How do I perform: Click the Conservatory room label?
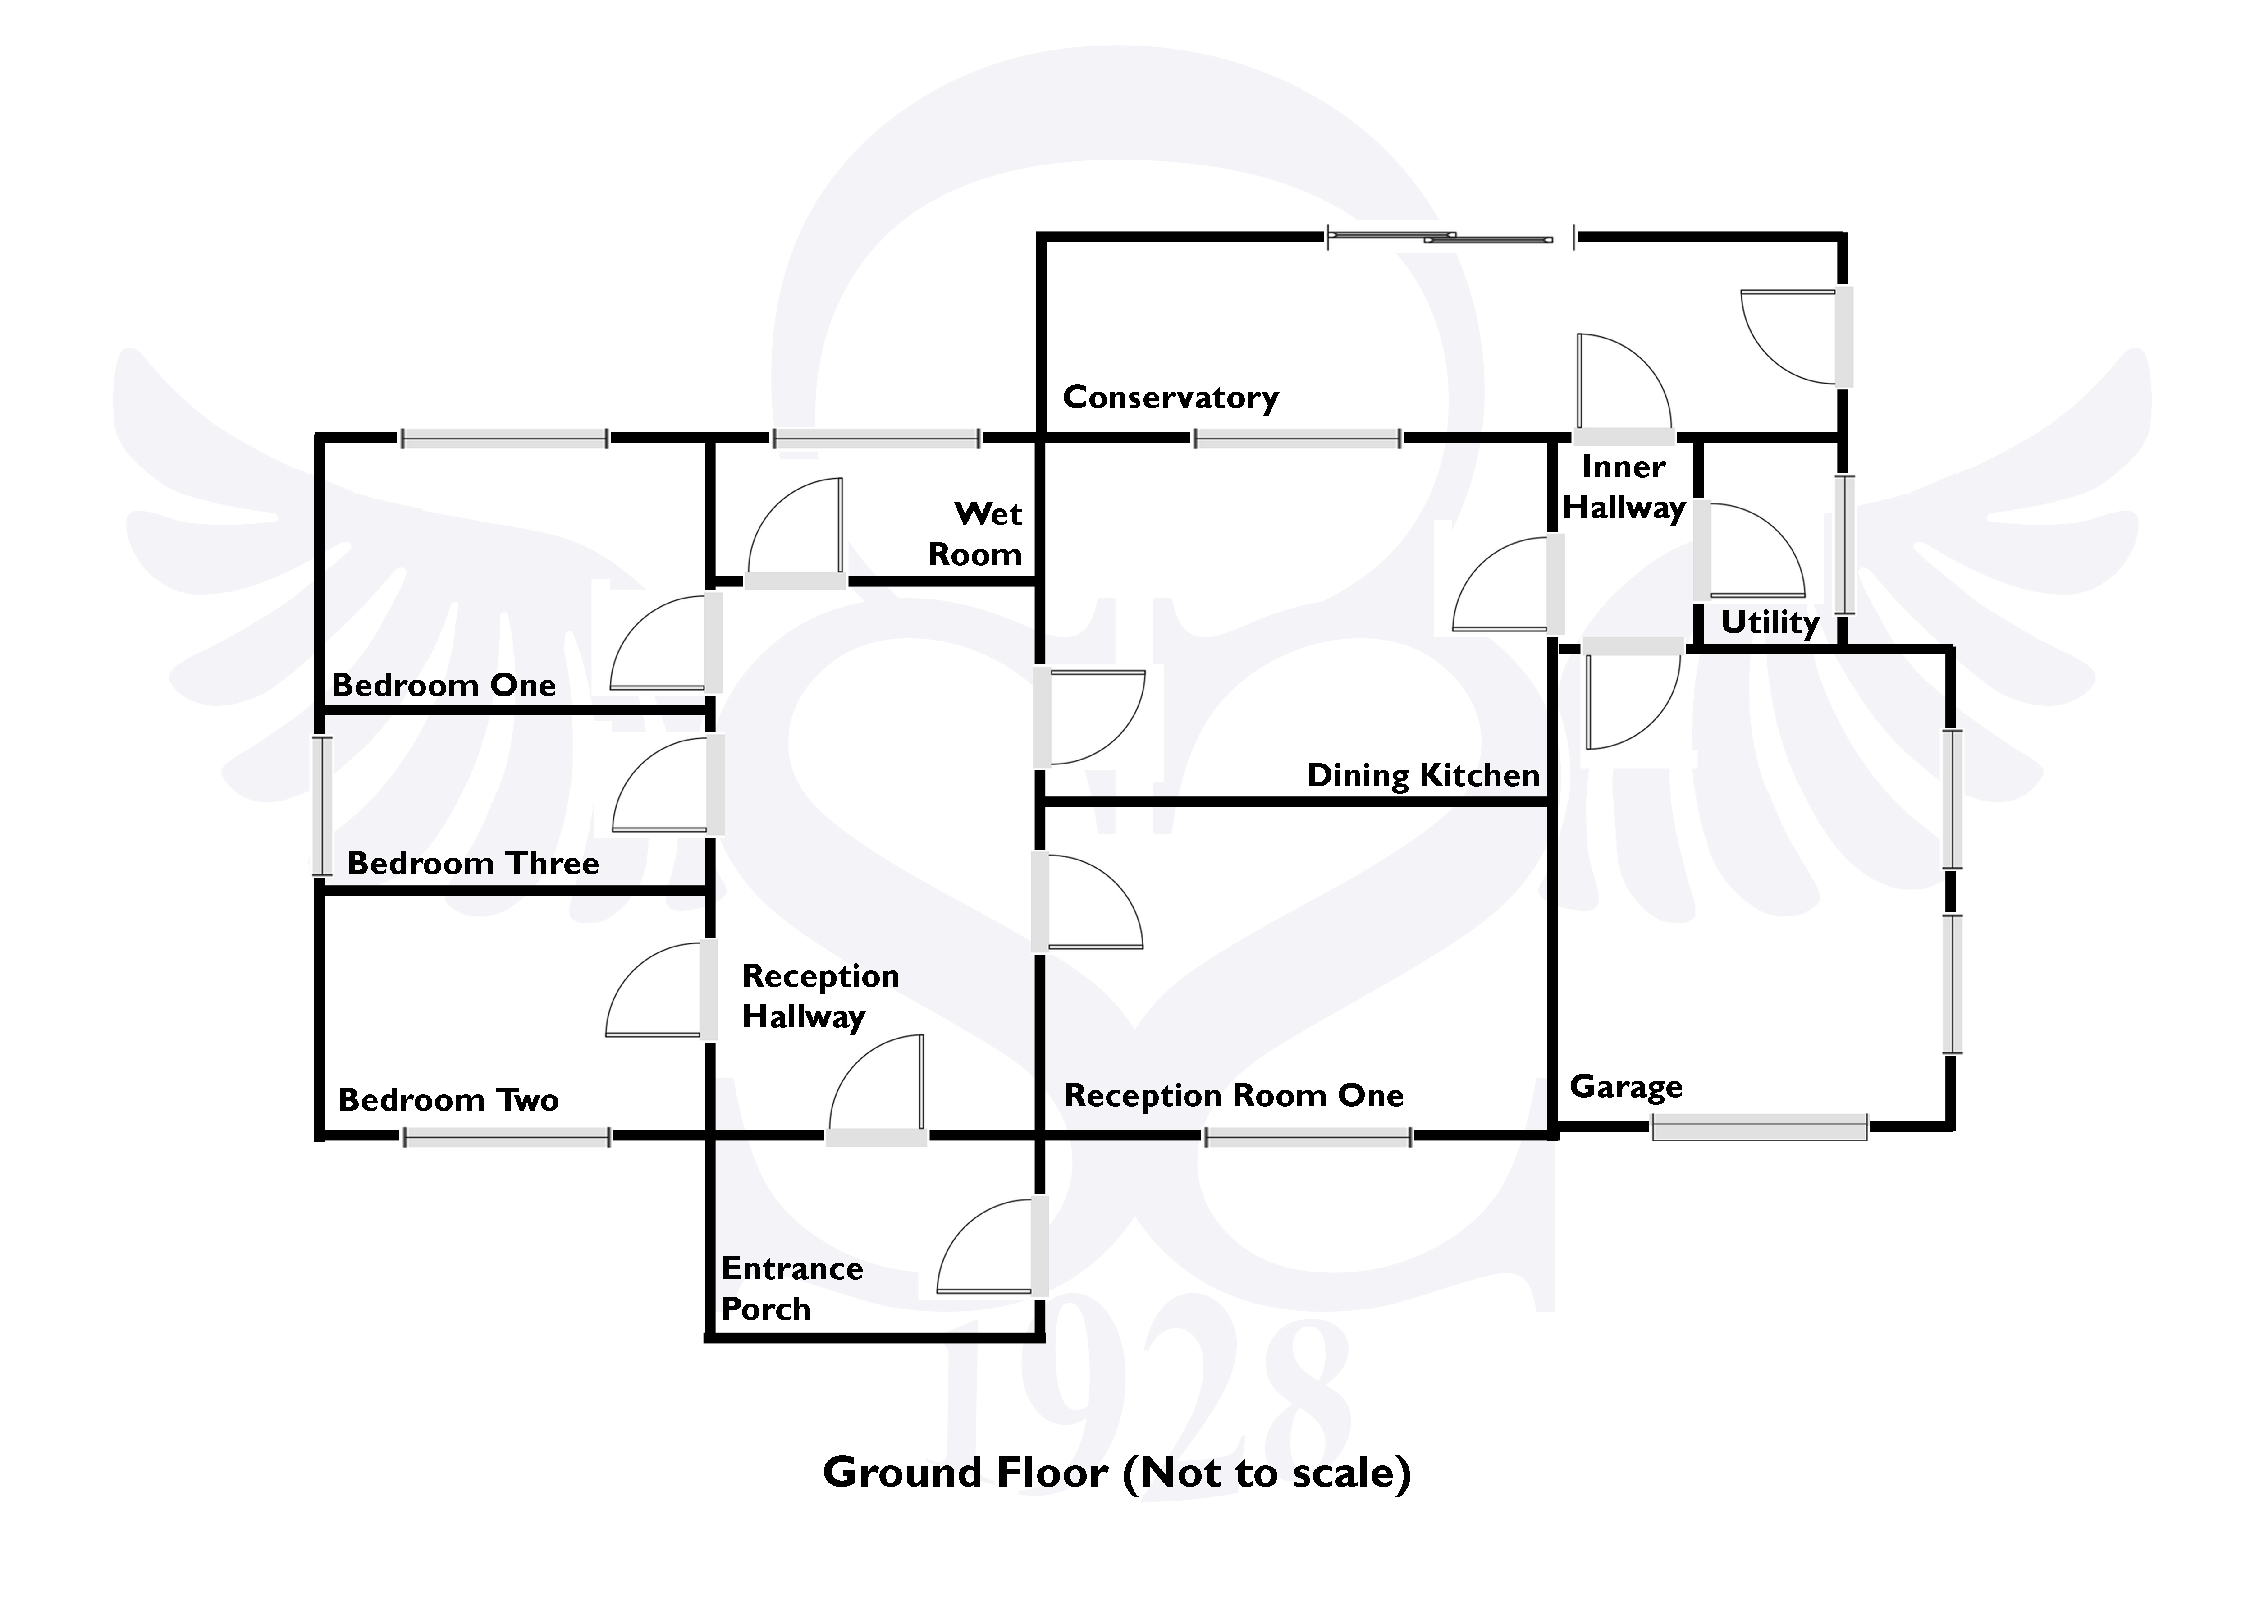tap(1170, 398)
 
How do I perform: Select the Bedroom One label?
tap(444, 686)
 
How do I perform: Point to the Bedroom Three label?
tap(473, 863)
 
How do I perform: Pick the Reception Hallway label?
tap(820, 996)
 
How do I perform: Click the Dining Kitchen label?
tap(1423, 776)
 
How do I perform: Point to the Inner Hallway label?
tap(1624, 488)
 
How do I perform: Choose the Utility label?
tap(1770, 622)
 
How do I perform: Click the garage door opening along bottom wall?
tap(1759, 1128)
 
